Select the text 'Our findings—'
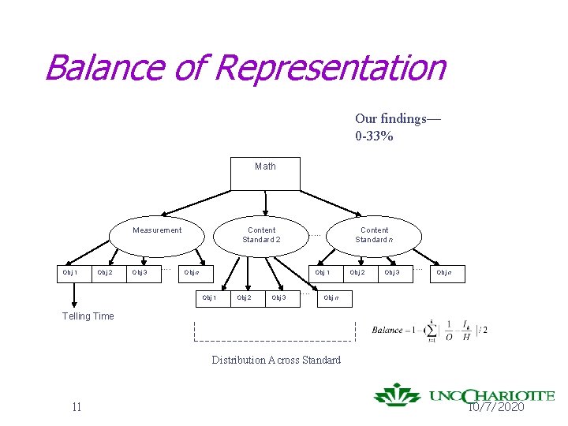[398, 118]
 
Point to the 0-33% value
[374, 136]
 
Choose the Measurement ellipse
[157, 231]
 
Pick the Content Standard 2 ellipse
[261, 234]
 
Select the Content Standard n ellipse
[374, 234]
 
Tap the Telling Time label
[88, 316]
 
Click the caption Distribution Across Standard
[276, 361]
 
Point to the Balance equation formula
[429, 329]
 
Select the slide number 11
[76, 407]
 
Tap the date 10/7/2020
[496, 407]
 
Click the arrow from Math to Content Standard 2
[266, 203]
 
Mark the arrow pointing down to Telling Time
[74, 294]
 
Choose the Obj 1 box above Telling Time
[70, 273]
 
